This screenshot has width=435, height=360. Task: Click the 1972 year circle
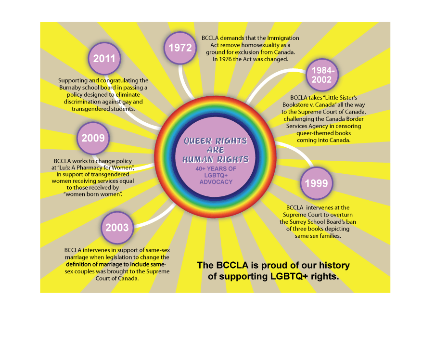(x=180, y=48)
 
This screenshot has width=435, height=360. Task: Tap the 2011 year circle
(x=104, y=59)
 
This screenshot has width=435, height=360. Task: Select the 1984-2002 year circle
(x=322, y=75)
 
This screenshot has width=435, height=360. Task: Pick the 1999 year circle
(x=317, y=183)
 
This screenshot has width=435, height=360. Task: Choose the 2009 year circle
(x=93, y=138)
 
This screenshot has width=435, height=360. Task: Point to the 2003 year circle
(x=117, y=228)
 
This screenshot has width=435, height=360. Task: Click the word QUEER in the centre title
(x=198, y=141)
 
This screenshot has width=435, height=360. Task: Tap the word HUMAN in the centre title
(x=198, y=159)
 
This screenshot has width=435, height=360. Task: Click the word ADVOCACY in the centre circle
(x=216, y=182)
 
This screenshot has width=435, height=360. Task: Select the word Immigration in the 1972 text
(x=283, y=39)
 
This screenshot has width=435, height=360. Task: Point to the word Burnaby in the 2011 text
(x=70, y=88)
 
